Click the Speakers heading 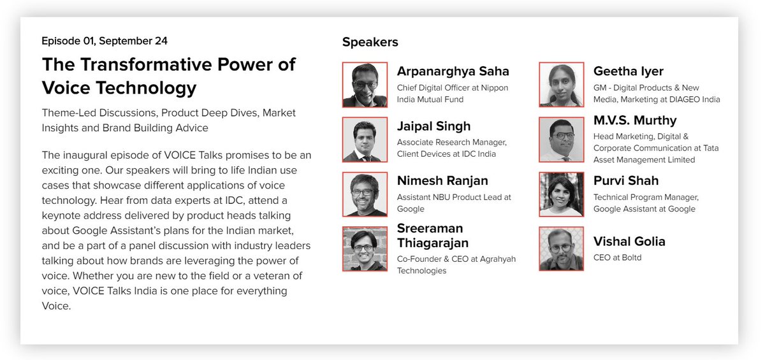coord(370,42)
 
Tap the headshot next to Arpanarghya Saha coord(365,84)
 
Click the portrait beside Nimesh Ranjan coord(365,194)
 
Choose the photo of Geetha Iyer coord(561,84)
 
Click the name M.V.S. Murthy coord(634,120)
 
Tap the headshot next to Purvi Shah coord(561,194)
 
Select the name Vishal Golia coord(629,241)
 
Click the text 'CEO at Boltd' coord(617,257)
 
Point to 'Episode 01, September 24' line coord(105,41)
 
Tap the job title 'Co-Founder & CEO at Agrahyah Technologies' coord(456,264)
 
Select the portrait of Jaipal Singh coord(365,139)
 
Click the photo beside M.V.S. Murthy coord(561,139)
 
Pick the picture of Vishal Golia coord(561,248)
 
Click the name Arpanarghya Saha coord(453,71)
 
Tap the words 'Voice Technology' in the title coord(119,87)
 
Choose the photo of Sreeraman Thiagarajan coord(365,248)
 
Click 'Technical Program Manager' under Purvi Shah coord(645,198)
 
